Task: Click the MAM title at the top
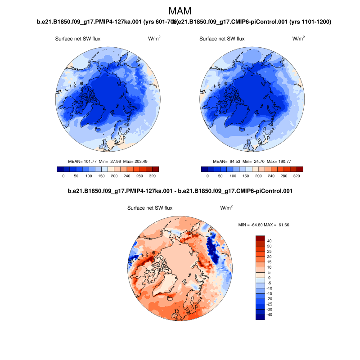pos(180,11)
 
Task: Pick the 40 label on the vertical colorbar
pos(270,241)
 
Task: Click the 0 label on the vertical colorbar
pos(270,278)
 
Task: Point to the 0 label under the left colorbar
pos(63,176)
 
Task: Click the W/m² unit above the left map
pos(154,39)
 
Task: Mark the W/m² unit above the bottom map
pos(226,208)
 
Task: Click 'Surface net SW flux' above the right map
pos(222,39)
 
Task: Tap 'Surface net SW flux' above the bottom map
pos(150,208)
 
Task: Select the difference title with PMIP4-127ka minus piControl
pos(180,191)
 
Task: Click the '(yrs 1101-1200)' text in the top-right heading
pos(308,22)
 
